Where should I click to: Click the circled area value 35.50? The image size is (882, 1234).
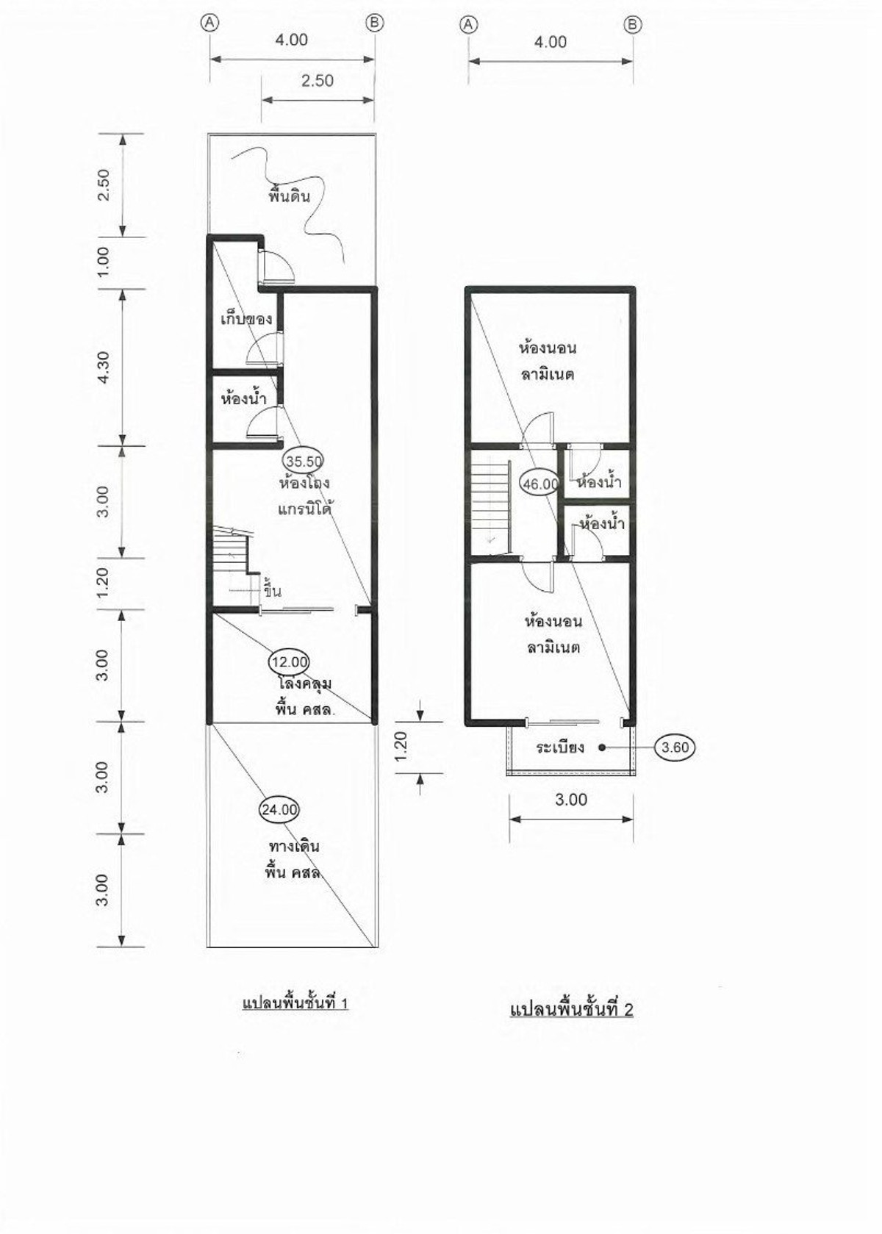click(303, 461)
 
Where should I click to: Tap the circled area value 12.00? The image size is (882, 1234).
click(289, 661)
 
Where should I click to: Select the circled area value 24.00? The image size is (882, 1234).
click(279, 810)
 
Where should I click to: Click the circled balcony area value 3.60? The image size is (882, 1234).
click(675, 747)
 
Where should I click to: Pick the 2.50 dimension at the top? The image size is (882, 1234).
click(318, 80)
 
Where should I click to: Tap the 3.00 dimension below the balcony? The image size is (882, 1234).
click(571, 800)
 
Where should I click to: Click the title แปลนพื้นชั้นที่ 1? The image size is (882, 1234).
click(295, 1002)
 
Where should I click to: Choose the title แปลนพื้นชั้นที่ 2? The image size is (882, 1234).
click(572, 1009)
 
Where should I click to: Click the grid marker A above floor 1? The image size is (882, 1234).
click(210, 22)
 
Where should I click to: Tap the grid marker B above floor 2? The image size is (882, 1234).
click(632, 24)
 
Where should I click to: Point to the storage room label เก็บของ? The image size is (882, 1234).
click(246, 320)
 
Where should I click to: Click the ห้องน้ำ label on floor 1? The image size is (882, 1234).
click(243, 398)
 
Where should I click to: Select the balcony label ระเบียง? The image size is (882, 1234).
click(560, 747)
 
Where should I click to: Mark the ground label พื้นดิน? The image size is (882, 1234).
click(290, 196)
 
